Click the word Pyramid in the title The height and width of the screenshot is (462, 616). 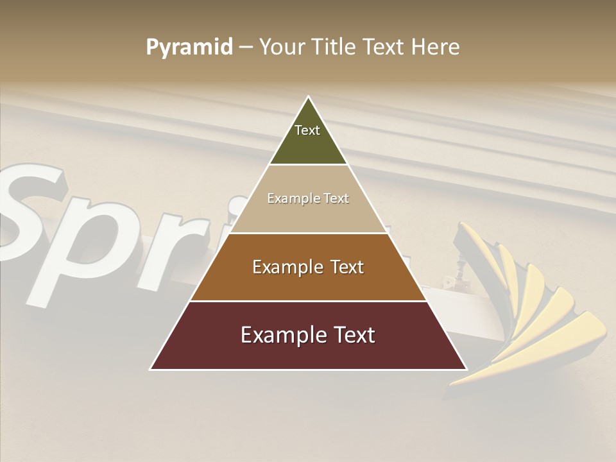pyautogui.click(x=189, y=47)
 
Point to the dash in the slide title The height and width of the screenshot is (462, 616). pyautogui.click(x=245, y=47)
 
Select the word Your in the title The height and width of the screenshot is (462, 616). pyautogui.click(x=282, y=47)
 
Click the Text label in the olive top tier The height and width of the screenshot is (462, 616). pyautogui.click(x=307, y=130)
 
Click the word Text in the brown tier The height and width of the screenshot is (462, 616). pyautogui.click(x=347, y=267)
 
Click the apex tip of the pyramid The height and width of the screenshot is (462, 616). pyautogui.click(x=309, y=98)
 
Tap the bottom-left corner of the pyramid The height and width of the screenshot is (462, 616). pyautogui.click(x=151, y=369)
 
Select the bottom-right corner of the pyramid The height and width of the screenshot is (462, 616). pyautogui.click(x=466, y=369)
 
